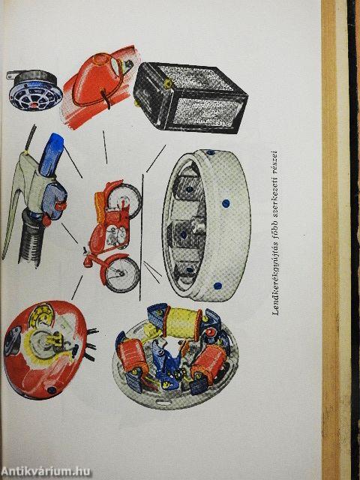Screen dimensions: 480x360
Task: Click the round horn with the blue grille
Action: (31, 91)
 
